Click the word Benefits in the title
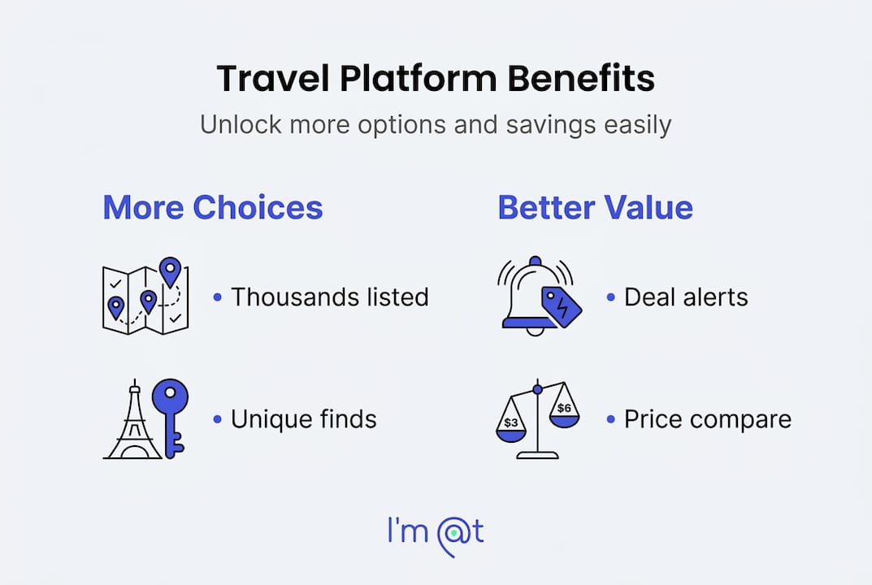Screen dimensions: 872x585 tap(580, 79)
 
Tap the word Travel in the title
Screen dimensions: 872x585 tap(272, 79)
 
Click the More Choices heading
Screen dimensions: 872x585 tap(213, 207)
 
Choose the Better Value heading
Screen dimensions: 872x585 tap(595, 207)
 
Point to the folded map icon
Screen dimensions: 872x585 tap(145, 296)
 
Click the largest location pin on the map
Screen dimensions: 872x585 tap(170, 271)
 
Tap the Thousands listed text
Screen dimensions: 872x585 tap(330, 297)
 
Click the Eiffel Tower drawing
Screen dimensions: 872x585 tap(133, 419)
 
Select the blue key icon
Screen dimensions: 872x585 tap(171, 418)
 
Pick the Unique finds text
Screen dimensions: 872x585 tap(304, 419)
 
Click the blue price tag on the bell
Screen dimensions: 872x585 tap(562, 307)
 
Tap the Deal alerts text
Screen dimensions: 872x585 tap(686, 297)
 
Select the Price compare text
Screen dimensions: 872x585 tap(707, 419)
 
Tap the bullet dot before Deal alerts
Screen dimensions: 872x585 tap(610, 297)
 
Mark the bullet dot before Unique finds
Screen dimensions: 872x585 tap(218, 419)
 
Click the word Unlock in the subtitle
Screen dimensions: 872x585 tap(241, 124)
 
